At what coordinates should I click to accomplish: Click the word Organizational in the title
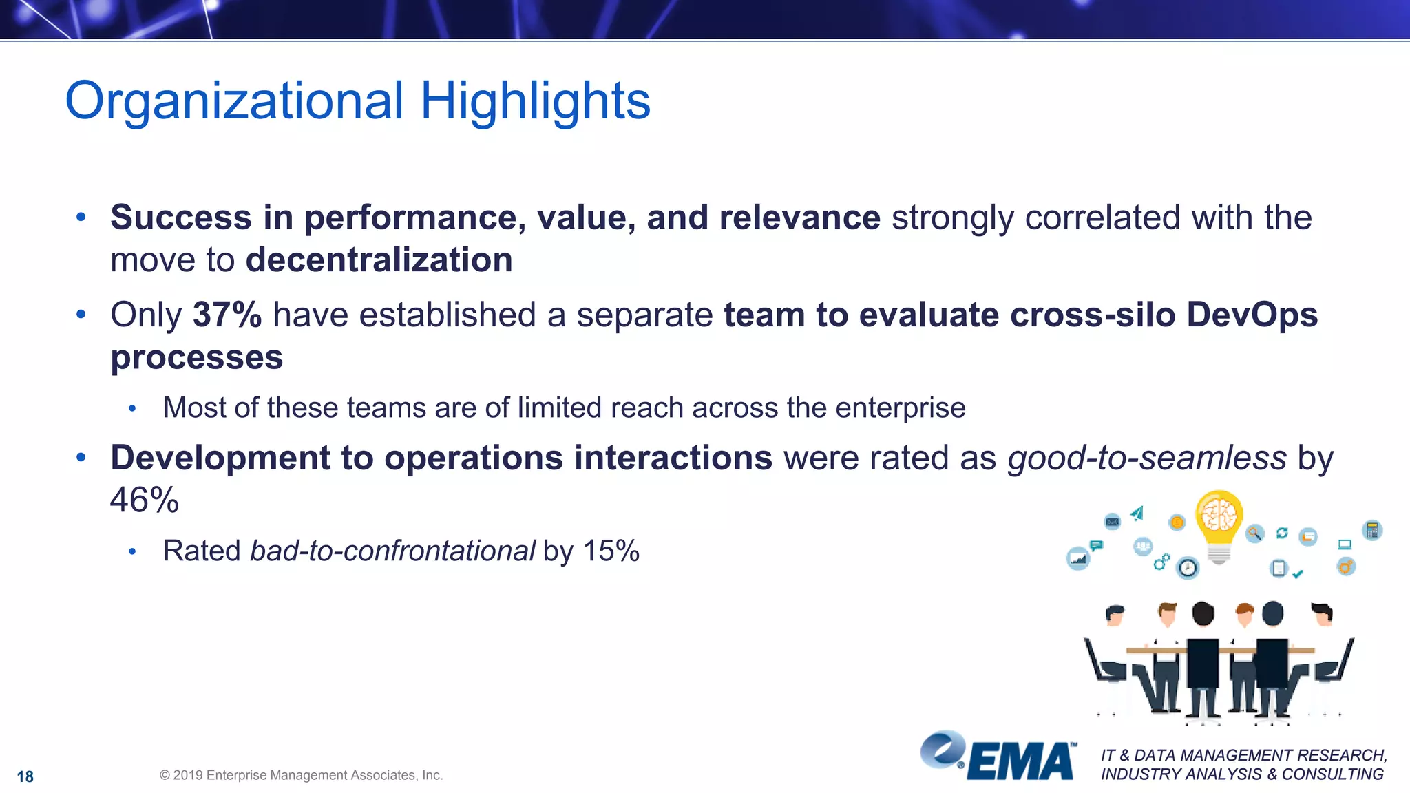point(234,101)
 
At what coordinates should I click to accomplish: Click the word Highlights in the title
point(535,101)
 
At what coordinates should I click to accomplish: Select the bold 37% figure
point(227,315)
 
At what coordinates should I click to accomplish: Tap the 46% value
point(145,500)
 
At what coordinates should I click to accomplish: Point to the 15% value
point(611,551)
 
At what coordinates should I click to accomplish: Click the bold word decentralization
point(379,260)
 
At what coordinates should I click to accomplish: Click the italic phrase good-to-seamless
point(1147,458)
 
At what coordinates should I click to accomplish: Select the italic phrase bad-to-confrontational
point(392,551)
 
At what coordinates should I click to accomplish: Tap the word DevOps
point(1252,315)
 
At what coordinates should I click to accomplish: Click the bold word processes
point(197,358)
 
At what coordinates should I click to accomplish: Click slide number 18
point(25,776)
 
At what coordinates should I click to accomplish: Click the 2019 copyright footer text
point(301,775)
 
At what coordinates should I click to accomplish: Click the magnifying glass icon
point(1254,533)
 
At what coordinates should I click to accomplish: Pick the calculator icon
point(1372,530)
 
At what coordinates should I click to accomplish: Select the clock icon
point(1188,568)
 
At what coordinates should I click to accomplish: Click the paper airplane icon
point(1137,514)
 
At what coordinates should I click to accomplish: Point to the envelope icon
point(1112,522)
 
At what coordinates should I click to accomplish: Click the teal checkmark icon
point(1298,573)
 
